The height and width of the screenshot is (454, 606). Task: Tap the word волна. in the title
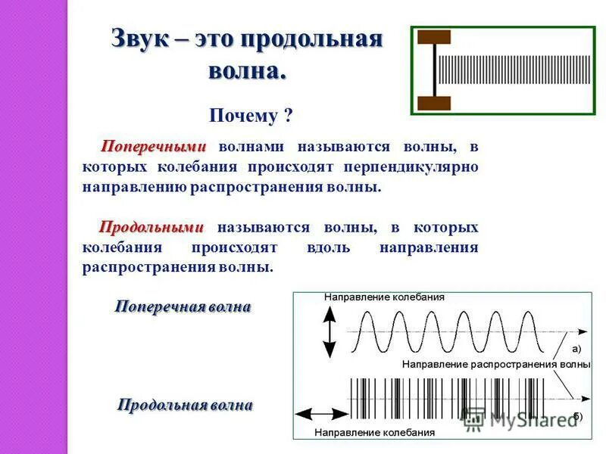pyautogui.click(x=247, y=71)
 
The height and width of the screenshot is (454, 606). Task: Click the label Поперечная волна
pyautogui.click(x=183, y=306)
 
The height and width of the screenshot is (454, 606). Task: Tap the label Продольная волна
pyautogui.click(x=185, y=405)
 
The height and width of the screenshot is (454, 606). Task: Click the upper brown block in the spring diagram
pyautogui.click(x=434, y=36)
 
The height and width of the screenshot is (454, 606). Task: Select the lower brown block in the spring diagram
pyautogui.click(x=434, y=103)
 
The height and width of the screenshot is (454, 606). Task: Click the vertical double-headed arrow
pyautogui.click(x=329, y=332)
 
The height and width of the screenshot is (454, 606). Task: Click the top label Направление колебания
pyautogui.click(x=384, y=297)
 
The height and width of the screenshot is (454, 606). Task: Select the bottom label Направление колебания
pyautogui.click(x=374, y=433)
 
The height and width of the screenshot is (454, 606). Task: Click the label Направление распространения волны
pyautogui.click(x=496, y=364)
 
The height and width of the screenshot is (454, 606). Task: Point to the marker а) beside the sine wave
pyautogui.click(x=576, y=349)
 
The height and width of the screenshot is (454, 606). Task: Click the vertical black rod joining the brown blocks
pyautogui.click(x=435, y=70)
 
